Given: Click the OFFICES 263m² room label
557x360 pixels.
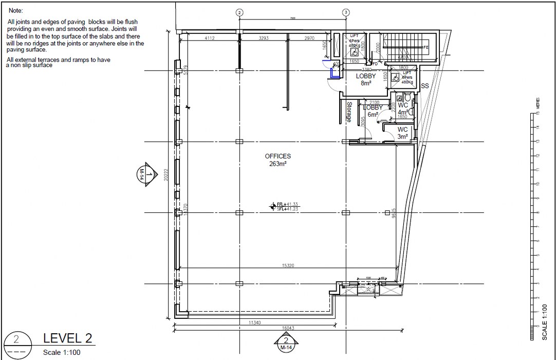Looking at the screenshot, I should click(278, 160).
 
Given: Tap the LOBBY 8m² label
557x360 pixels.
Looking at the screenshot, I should click(365, 79).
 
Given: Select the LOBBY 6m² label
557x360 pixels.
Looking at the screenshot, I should click(373, 111).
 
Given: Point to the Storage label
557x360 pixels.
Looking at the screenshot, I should click(349, 112).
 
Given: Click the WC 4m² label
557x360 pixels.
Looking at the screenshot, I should click(403, 109).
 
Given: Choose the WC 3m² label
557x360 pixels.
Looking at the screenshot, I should click(402, 133).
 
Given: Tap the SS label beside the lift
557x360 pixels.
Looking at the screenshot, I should click(425, 86).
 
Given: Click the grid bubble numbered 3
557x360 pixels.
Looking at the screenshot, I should click(346, 12).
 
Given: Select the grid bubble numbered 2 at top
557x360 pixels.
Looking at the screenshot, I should click(238, 12).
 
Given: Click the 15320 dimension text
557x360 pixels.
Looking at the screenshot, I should click(287, 265).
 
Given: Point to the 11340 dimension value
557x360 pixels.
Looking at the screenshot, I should click(254, 323).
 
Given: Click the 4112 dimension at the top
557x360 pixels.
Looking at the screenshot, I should click(210, 38).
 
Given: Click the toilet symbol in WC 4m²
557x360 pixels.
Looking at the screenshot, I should click(407, 97).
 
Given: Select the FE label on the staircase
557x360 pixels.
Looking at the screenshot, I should click(425, 47).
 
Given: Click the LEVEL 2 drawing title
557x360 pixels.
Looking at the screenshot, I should click(68, 338).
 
